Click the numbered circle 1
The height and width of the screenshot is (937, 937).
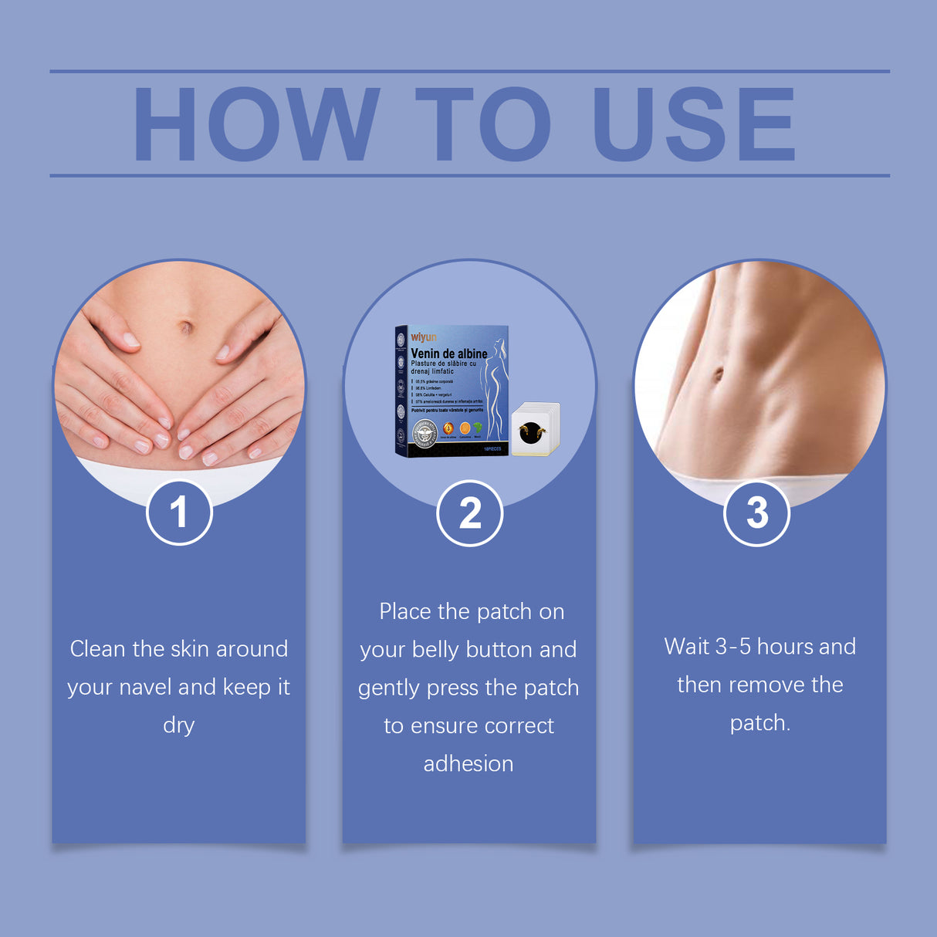point(179,512)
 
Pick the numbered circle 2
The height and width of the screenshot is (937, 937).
point(469,513)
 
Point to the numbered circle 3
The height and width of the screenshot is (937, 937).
point(757,513)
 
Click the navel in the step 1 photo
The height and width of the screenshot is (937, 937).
point(185,327)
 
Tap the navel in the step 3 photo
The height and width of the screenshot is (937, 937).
point(718,375)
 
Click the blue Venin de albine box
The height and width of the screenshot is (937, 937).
point(452,390)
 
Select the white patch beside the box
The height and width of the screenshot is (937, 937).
point(534,429)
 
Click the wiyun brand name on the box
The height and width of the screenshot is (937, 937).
point(424,337)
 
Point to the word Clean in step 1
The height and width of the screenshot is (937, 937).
point(98,649)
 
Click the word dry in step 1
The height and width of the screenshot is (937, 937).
point(178,726)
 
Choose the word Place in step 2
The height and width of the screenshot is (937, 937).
point(405,612)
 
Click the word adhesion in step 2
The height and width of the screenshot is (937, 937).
point(468,764)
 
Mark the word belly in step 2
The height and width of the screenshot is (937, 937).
point(435,650)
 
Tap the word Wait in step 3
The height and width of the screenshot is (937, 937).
point(687,647)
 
